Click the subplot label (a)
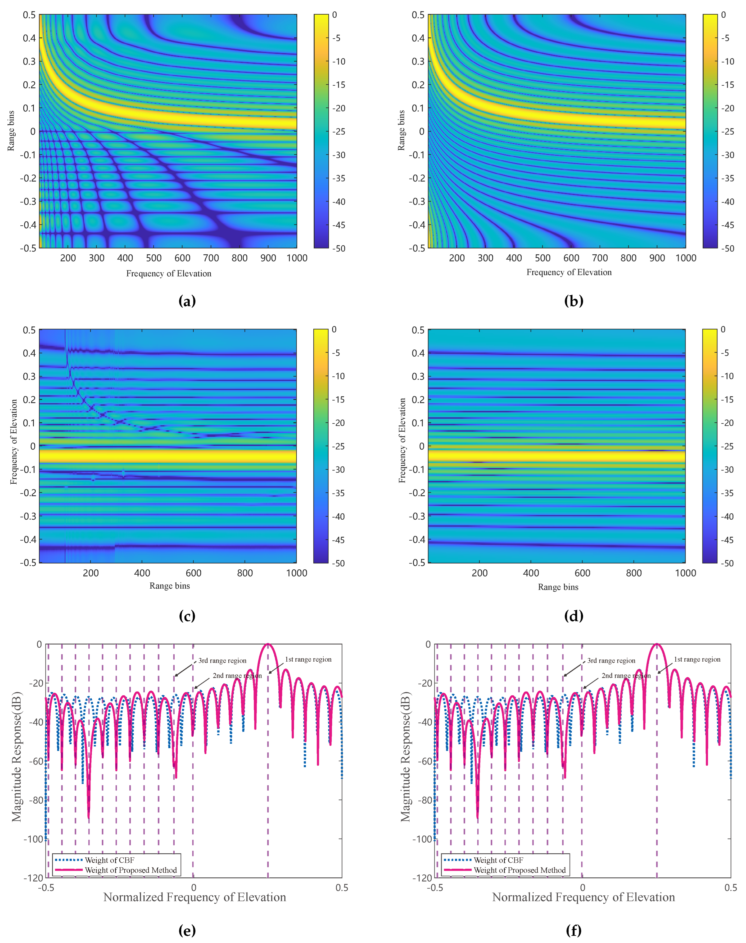tap(187, 301)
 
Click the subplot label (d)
tap(573, 616)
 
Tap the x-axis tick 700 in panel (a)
tap(211, 258)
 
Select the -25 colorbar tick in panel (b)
tap(727, 131)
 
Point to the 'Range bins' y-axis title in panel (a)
tap(11, 131)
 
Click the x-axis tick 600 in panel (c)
tap(193, 573)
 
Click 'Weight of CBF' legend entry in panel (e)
tap(109, 860)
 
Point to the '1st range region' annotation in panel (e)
tap(308, 659)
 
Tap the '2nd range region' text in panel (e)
tap(237, 675)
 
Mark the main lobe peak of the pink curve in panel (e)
tap(268, 644)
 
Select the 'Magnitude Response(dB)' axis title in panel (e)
tap(17, 756)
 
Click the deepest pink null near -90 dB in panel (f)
tap(477, 817)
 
